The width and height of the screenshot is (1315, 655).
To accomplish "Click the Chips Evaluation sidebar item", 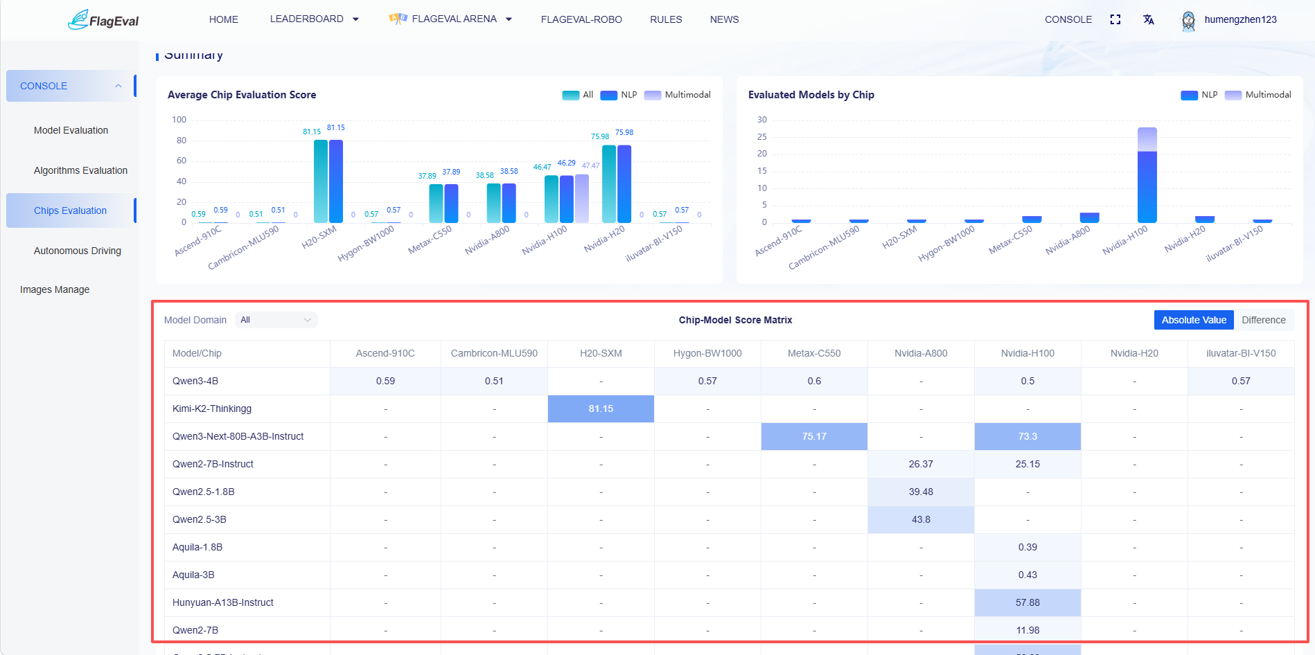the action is click(70, 210).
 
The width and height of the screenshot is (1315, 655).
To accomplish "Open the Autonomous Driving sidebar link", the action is click(78, 251).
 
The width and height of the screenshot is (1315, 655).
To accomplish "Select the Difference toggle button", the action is click(1264, 320).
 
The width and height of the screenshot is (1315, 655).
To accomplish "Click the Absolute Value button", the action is click(1194, 320).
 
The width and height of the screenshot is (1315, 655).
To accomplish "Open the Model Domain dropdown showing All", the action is click(276, 320).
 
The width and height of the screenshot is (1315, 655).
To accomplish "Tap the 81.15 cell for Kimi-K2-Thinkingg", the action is click(601, 409).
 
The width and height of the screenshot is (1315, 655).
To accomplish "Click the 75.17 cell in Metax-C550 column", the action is click(814, 436).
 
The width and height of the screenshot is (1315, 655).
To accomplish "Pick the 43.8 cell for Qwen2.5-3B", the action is click(921, 519).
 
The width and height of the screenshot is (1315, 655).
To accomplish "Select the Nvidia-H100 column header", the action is click(1027, 353).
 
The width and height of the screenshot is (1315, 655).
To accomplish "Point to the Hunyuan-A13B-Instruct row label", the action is click(223, 602).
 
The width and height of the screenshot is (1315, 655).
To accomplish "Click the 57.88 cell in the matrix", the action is click(1027, 602).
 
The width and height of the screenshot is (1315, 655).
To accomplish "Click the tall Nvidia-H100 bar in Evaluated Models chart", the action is click(1147, 175).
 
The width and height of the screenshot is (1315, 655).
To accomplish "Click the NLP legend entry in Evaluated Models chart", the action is click(1199, 95).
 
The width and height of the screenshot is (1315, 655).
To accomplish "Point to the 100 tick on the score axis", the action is click(179, 120).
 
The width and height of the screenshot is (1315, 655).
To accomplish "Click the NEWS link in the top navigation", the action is click(724, 19).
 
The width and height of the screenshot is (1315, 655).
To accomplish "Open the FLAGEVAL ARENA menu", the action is click(451, 19).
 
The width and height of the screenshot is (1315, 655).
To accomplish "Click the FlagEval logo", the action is click(103, 19).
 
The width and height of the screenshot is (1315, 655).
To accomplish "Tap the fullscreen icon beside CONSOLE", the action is click(1115, 19).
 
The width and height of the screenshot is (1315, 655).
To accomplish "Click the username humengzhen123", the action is click(1240, 19).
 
